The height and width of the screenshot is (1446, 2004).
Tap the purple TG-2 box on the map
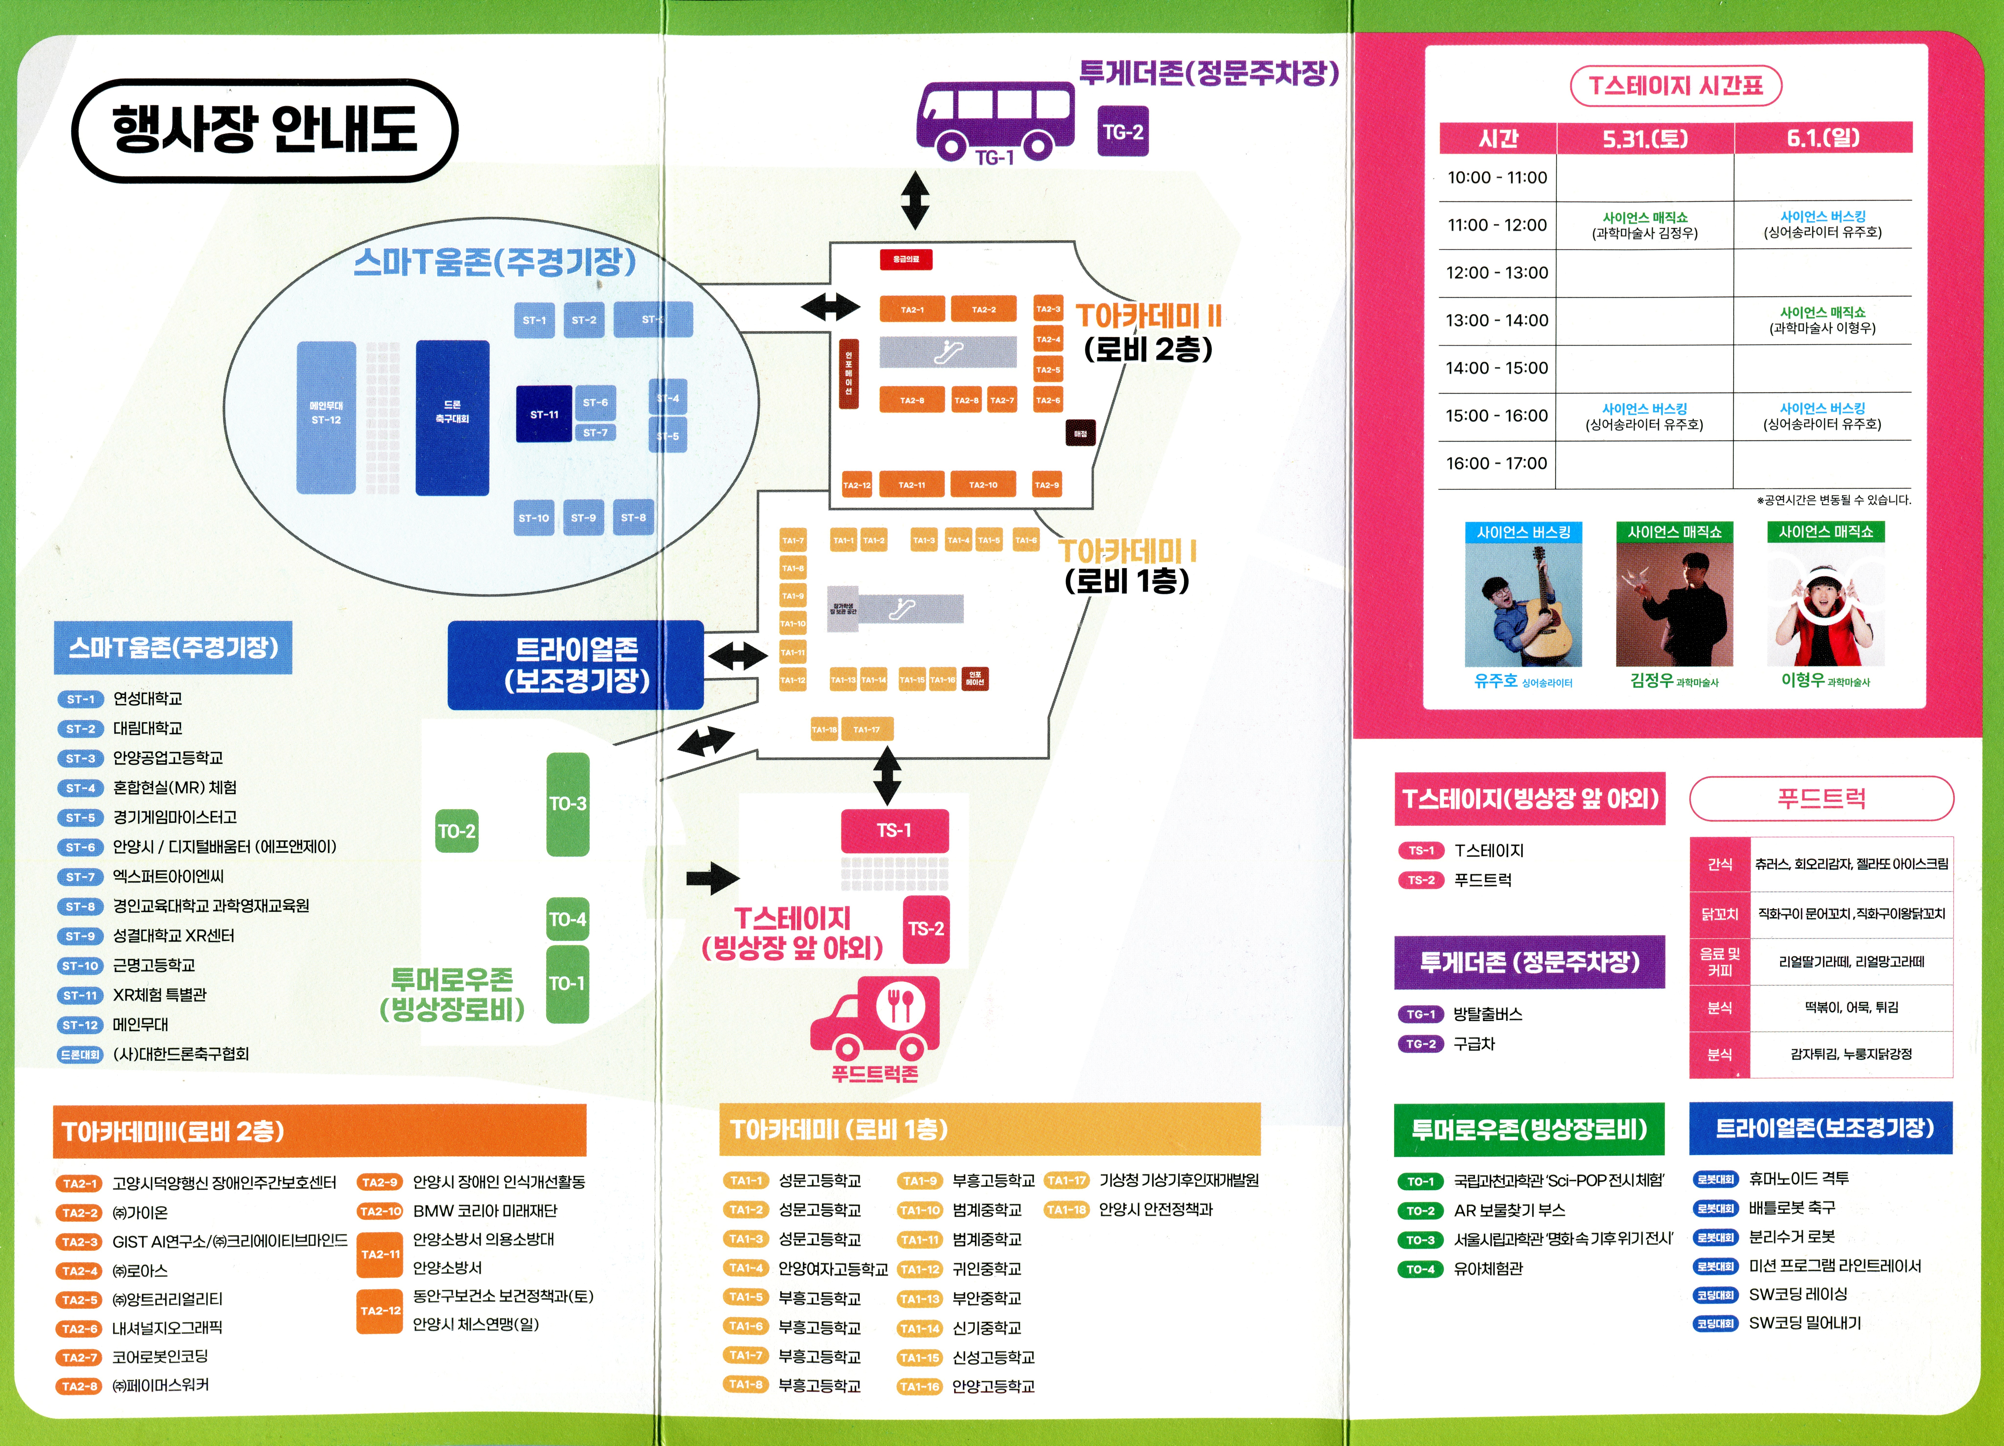[1122, 132]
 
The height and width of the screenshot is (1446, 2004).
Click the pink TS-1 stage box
[894, 830]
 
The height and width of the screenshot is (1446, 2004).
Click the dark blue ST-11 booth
[543, 414]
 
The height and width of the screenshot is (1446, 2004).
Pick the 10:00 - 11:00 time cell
[1497, 178]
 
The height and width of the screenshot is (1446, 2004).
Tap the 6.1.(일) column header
[1822, 138]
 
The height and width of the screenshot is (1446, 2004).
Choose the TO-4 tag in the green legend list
[1420, 1269]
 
